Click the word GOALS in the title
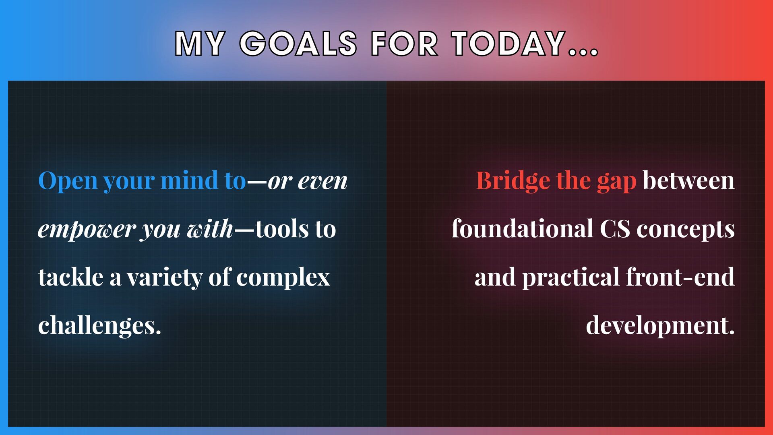[298, 43]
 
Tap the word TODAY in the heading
[508, 43]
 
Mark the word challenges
[99, 325]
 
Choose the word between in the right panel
[689, 180]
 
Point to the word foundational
[523, 228]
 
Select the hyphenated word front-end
[680, 277]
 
